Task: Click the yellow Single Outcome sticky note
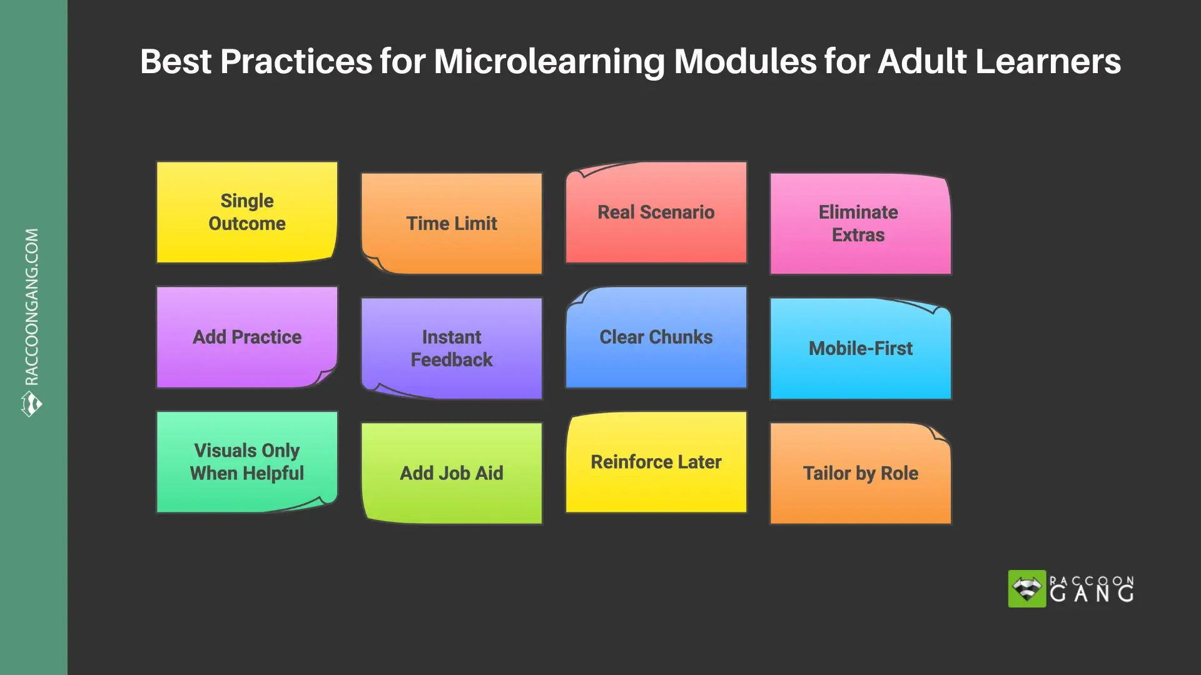(x=247, y=212)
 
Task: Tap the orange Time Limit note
(x=452, y=224)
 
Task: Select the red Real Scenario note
(x=656, y=212)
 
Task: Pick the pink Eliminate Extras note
(x=860, y=224)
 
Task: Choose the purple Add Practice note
(x=247, y=337)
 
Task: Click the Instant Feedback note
(x=452, y=348)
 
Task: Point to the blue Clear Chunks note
(x=656, y=337)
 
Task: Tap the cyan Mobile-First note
(x=860, y=348)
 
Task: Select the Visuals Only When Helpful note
(x=247, y=462)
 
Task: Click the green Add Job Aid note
(x=452, y=473)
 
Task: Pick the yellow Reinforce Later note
(x=656, y=462)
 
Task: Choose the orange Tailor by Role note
(x=860, y=473)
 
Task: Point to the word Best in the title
(x=176, y=62)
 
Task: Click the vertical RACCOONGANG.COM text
(x=32, y=306)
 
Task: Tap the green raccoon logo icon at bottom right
(x=1026, y=589)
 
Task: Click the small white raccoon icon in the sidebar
(x=31, y=404)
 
